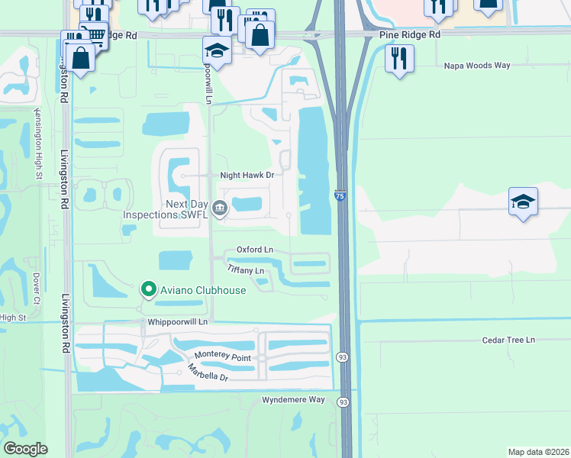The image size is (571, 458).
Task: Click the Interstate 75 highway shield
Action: pyautogui.click(x=338, y=197)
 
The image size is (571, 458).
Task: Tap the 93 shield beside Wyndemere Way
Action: pyautogui.click(x=344, y=402)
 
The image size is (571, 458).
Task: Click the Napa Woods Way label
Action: pyautogui.click(x=477, y=66)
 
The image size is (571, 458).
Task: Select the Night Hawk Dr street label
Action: pyautogui.click(x=247, y=175)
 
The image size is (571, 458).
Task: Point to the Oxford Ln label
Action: pyautogui.click(x=254, y=250)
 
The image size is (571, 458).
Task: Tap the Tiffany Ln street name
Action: pyautogui.click(x=246, y=270)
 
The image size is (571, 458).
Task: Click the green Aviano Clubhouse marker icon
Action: pyautogui.click(x=148, y=290)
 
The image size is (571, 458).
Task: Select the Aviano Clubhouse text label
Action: pyautogui.click(x=202, y=290)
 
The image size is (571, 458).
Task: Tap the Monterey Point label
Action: pyautogui.click(x=222, y=355)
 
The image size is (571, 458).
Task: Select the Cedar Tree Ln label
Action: pyautogui.click(x=508, y=340)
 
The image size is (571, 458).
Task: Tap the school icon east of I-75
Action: pyautogui.click(x=523, y=202)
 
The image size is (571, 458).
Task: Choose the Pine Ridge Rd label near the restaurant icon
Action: pyautogui.click(x=410, y=35)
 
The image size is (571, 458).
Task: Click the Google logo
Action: pyautogui.click(x=25, y=449)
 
